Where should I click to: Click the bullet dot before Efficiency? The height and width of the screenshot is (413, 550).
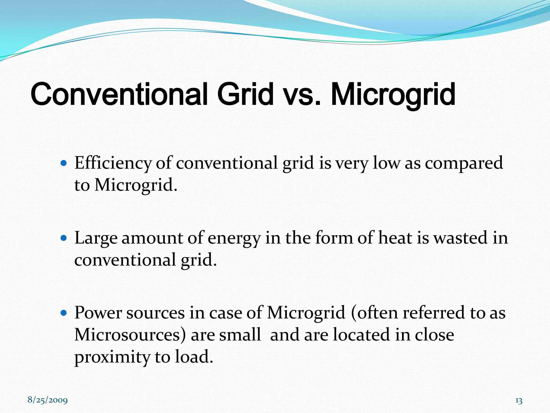point(64,163)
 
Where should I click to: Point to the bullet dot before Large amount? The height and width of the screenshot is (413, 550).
point(64,238)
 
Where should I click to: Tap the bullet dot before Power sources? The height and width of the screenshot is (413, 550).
point(64,313)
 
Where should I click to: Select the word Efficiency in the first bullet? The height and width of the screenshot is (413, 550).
point(113,163)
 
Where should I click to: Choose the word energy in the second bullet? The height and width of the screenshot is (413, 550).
point(234,238)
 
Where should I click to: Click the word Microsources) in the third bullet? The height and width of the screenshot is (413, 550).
point(130,335)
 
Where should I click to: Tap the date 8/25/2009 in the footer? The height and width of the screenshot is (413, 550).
point(48,400)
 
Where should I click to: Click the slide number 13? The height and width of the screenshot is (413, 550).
point(519,401)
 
